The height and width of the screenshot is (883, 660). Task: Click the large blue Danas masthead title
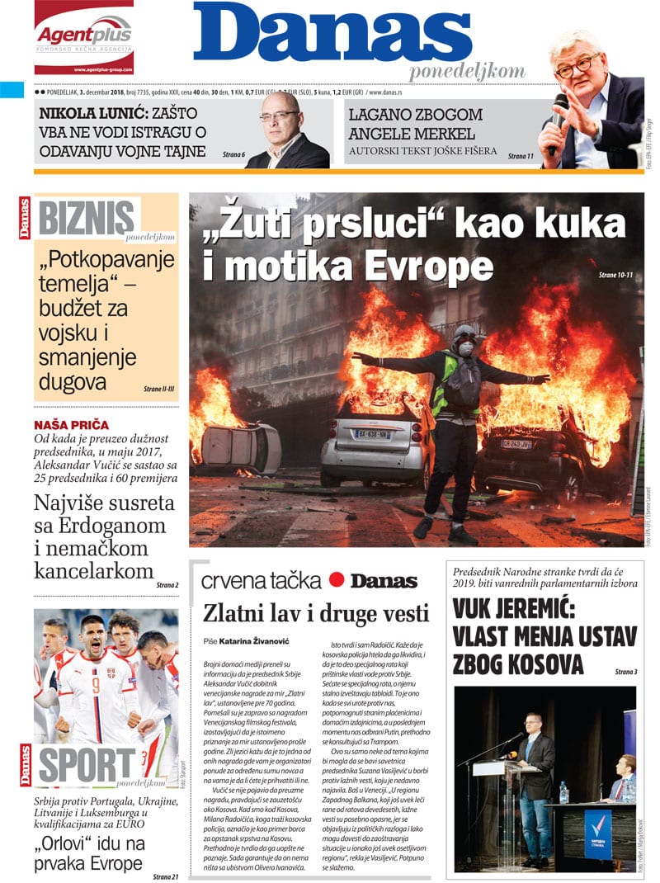point(332,35)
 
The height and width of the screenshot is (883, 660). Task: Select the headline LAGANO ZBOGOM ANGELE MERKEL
point(415,124)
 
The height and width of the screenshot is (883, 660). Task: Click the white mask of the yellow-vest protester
point(466,347)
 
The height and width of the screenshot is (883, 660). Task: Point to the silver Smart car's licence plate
point(372,432)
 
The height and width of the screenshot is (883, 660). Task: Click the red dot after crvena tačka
point(336,579)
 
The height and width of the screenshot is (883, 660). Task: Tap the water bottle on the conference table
point(563,792)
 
